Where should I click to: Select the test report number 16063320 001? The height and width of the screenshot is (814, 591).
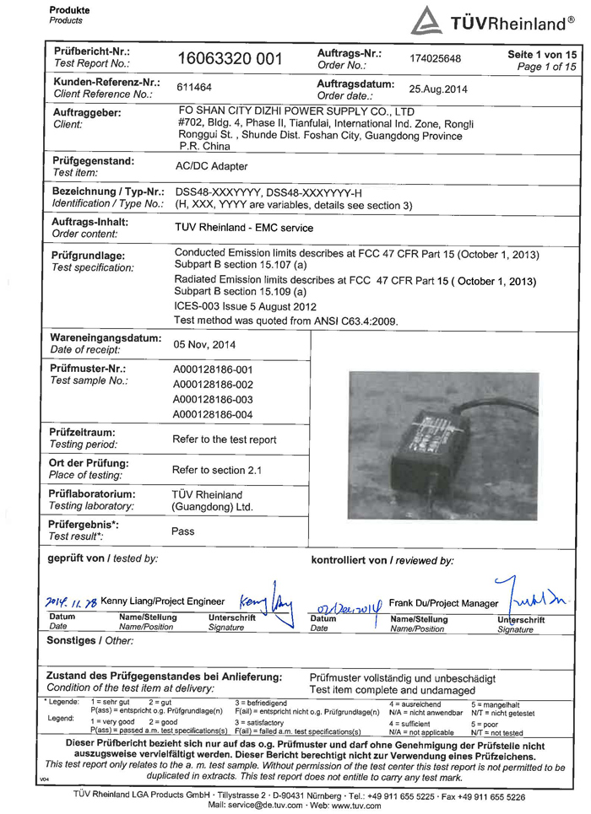pos(229,58)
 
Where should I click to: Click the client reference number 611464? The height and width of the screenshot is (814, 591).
pos(194,87)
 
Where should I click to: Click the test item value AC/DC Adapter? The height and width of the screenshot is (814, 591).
pos(210,167)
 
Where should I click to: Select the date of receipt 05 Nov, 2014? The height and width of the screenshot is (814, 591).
pos(203,344)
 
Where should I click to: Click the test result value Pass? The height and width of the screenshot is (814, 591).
pos(183,531)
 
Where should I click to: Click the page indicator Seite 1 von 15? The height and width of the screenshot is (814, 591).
pos(541,53)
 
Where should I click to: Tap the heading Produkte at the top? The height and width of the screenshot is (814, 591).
pos(69,9)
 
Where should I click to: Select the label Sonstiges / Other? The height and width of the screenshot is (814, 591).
pos(90,640)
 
